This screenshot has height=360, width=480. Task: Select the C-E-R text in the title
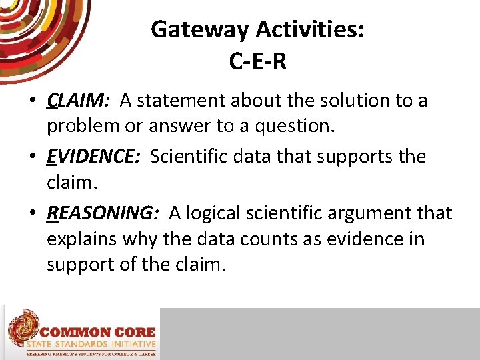(257, 61)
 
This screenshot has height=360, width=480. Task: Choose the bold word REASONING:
(103, 213)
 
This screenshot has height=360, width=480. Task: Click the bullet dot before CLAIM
(32, 101)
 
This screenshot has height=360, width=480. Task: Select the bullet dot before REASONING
(32, 213)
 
